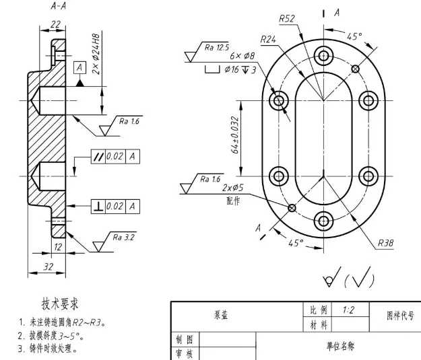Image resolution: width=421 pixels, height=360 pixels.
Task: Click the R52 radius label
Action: (x=287, y=19)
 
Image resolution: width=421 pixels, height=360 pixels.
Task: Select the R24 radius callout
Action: (x=268, y=40)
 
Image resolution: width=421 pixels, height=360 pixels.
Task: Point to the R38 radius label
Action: (x=385, y=243)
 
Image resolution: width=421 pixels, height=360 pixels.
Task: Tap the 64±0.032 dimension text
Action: (x=234, y=135)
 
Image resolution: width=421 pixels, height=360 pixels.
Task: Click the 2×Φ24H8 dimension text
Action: (x=96, y=54)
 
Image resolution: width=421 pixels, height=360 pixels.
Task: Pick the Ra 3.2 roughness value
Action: (x=123, y=237)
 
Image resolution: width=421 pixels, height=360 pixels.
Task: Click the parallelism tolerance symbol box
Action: (x=98, y=156)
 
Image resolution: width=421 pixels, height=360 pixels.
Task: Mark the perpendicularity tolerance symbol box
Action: (x=98, y=207)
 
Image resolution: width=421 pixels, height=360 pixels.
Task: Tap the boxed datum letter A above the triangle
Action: (x=79, y=67)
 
